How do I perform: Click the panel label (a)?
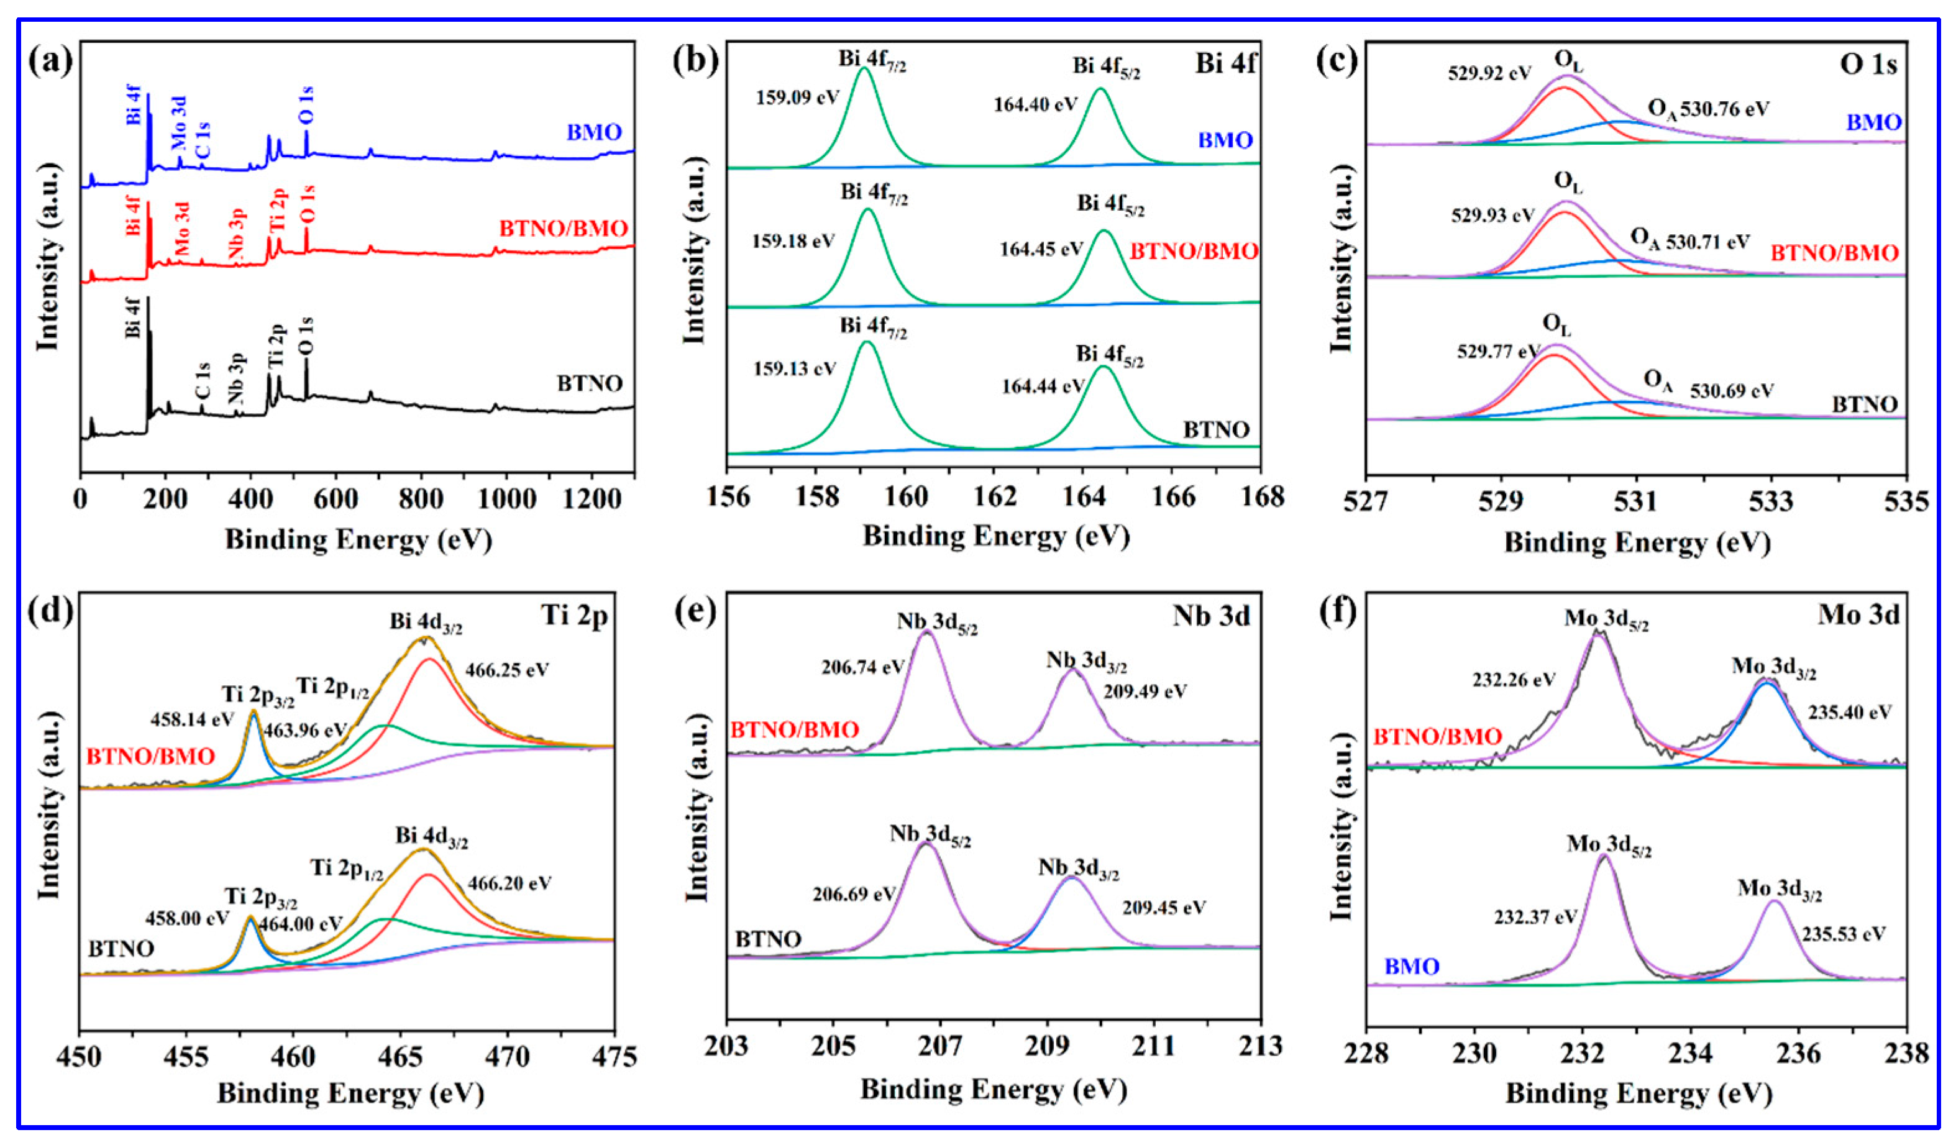click(x=50, y=62)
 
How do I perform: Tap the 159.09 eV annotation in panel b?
click(x=797, y=98)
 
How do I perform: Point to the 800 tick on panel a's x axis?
click(x=421, y=499)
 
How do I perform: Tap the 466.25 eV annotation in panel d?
click(x=507, y=670)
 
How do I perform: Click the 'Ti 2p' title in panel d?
click(x=574, y=616)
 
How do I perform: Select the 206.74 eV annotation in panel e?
click(x=862, y=667)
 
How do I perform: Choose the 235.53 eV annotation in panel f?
click(x=1844, y=934)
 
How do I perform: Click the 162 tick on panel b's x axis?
click(x=994, y=497)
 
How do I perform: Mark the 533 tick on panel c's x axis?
click(x=1771, y=502)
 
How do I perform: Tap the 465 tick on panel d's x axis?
click(x=401, y=1057)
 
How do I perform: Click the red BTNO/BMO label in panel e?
click(x=794, y=730)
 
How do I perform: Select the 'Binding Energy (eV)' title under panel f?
click(x=1638, y=1093)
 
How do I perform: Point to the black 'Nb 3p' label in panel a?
click(x=237, y=379)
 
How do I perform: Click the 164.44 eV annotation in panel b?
click(x=1043, y=386)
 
